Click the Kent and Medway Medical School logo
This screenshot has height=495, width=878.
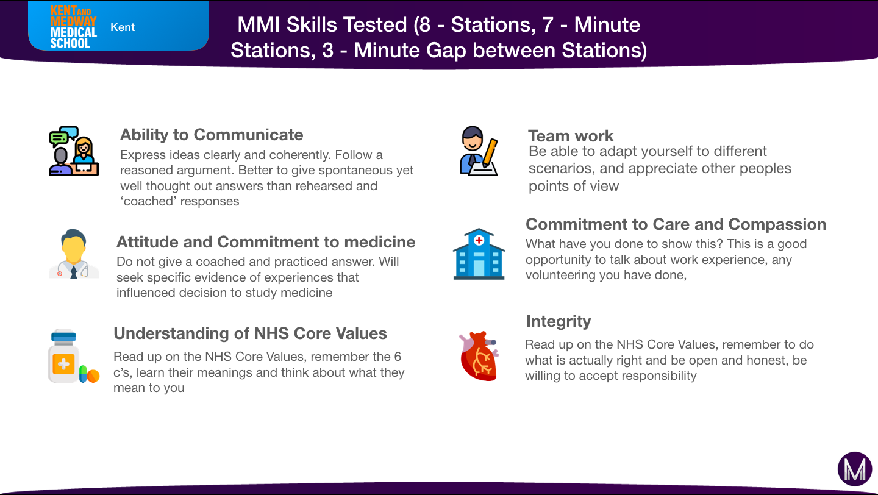[73, 27]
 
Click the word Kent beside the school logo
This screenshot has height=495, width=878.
[123, 27]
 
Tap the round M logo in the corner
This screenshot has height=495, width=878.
[854, 469]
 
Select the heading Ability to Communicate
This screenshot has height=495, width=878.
[211, 135]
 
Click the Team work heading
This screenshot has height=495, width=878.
[570, 135]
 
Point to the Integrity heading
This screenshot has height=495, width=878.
[558, 321]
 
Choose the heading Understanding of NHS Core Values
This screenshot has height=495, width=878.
[250, 333]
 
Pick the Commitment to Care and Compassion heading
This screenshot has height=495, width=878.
[676, 224]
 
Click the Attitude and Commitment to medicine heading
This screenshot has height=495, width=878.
[266, 242]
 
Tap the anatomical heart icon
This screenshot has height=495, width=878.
[479, 356]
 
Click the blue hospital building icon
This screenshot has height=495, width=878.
[479, 254]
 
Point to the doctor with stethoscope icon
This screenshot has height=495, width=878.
[74, 254]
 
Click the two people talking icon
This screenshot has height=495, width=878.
[74, 151]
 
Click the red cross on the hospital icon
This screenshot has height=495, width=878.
[479, 240]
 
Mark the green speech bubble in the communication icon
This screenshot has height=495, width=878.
[58, 138]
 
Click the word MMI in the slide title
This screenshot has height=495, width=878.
[259, 25]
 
